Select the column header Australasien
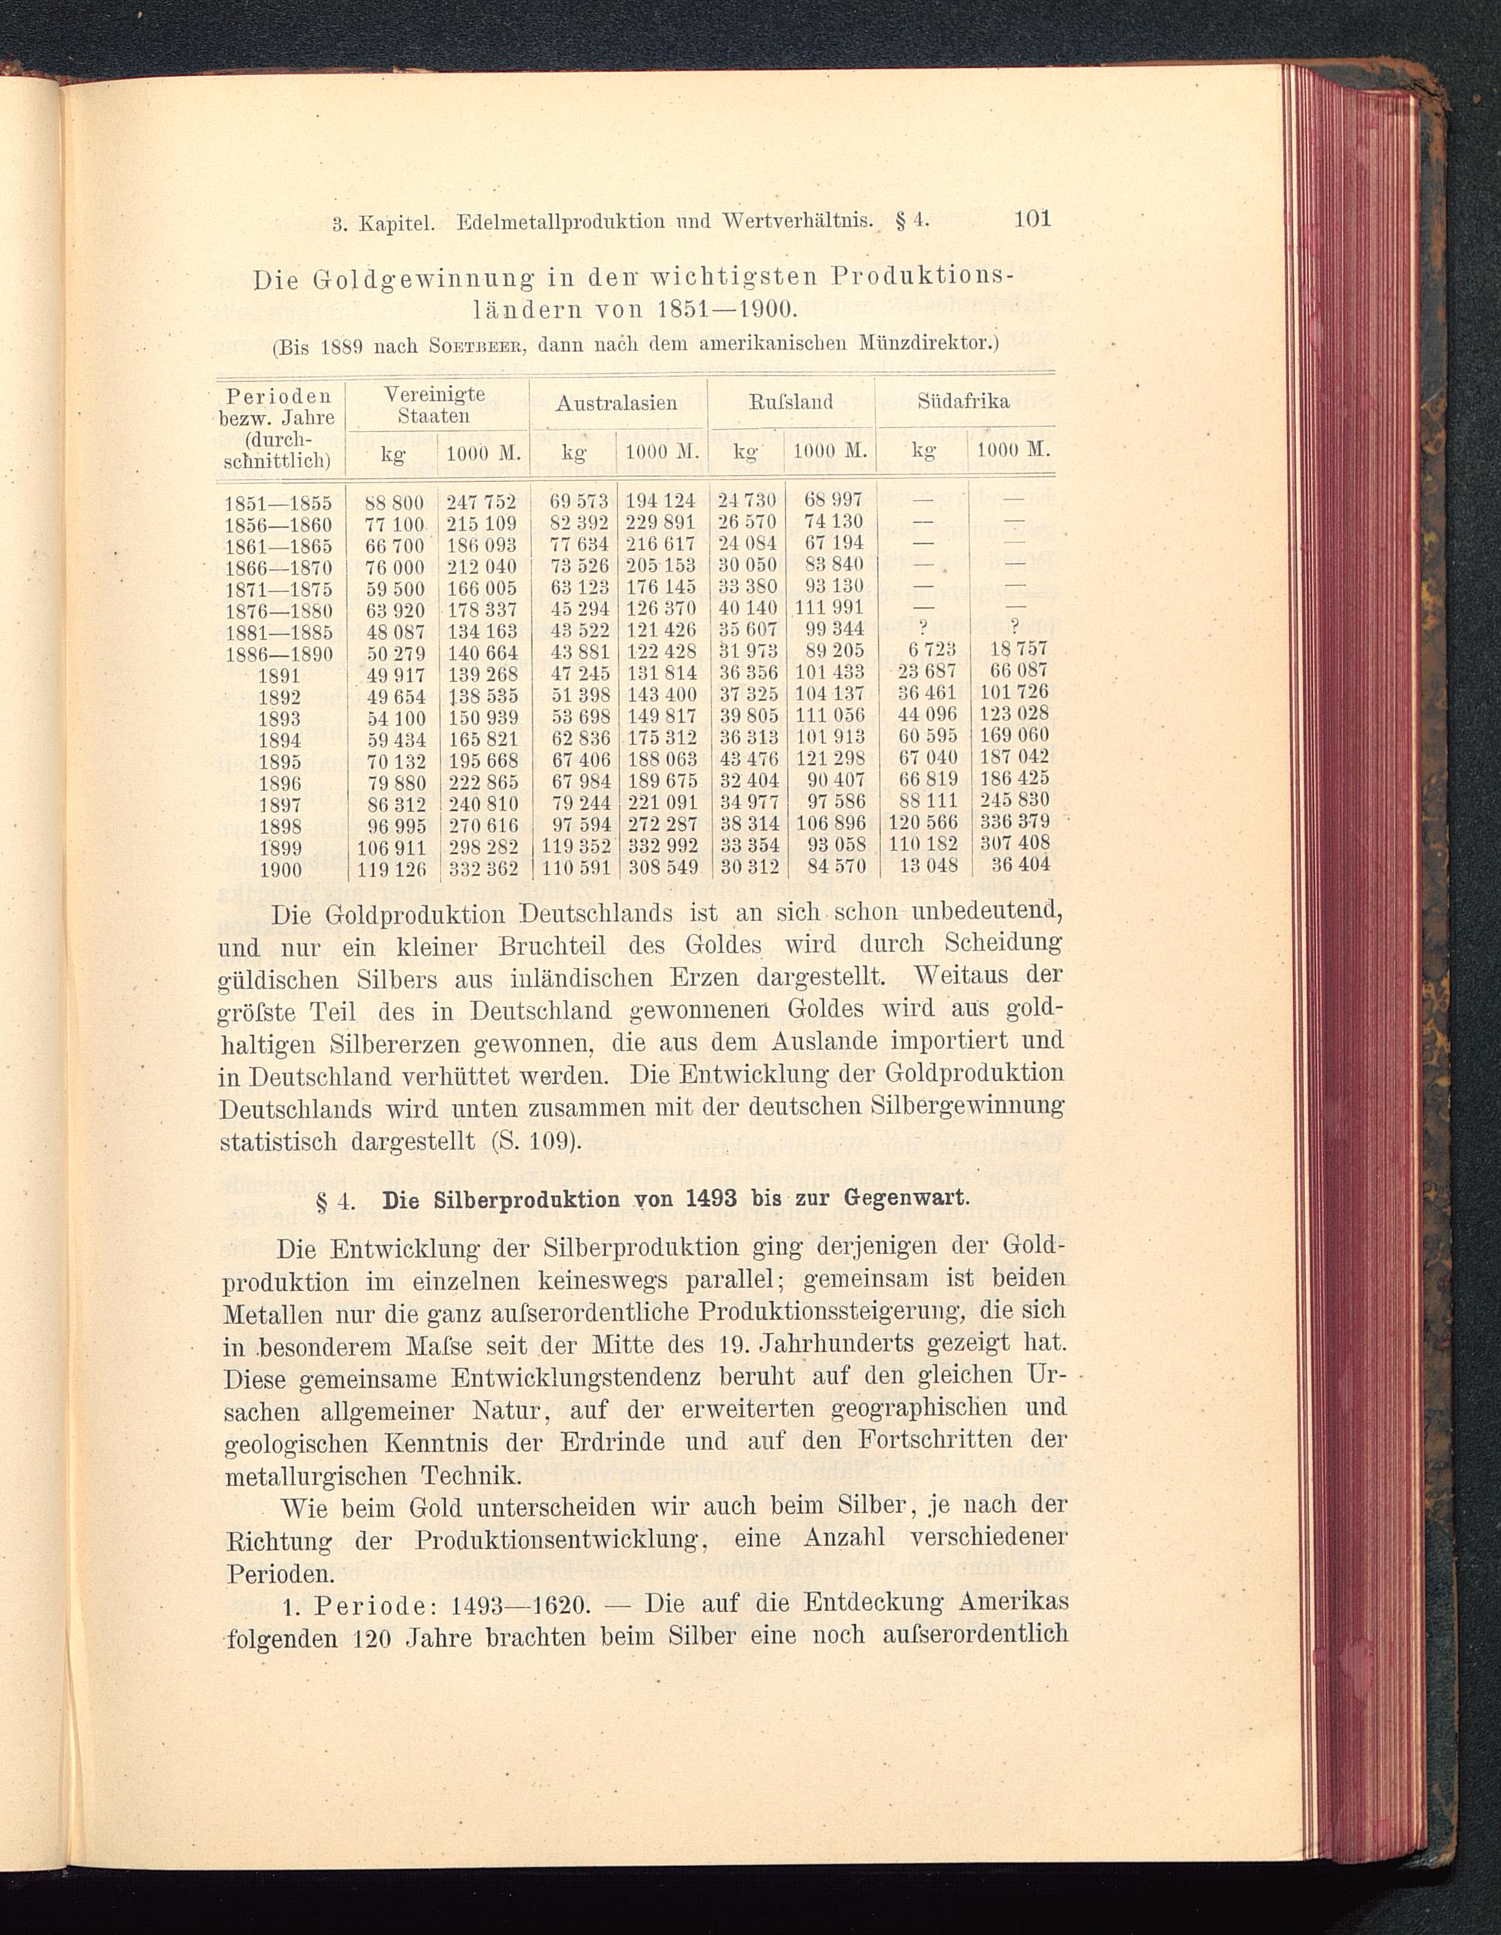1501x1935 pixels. (x=617, y=403)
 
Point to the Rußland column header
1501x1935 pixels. (x=791, y=402)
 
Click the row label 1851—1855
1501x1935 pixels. (x=279, y=503)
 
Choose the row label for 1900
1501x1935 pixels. (x=280, y=870)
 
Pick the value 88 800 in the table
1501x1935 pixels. (x=396, y=502)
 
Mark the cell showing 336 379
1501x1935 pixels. (x=1014, y=824)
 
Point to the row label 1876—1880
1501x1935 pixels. (x=279, y=611)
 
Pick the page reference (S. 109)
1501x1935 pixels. (x=535, y=1141)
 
